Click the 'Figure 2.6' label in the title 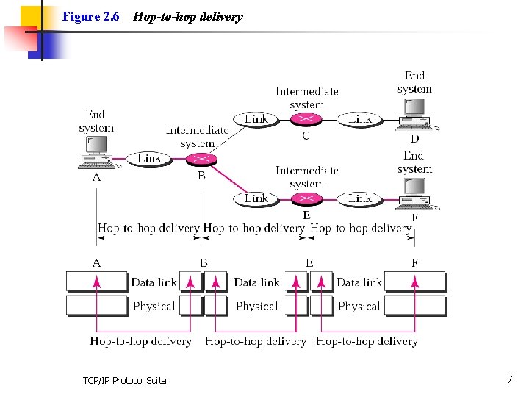click(91, 16)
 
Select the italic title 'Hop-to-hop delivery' click(187, 16)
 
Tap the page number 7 click(509, 379)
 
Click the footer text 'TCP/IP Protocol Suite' click(124, 380)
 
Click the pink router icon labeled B click(200, 159)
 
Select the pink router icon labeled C click(306, 119)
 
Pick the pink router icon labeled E click(306, 198)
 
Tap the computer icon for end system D click(416, 114)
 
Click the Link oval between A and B click(149, 158)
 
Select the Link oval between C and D click(359, 119)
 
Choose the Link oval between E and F click(359, 198)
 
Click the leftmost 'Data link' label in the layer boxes click(154, 282)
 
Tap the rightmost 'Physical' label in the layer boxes click(359, 306)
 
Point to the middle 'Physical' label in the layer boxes click(256, 306)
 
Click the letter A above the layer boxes click(97, 263)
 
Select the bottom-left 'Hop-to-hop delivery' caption click(140, 341)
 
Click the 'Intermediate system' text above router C click(307, 98)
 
